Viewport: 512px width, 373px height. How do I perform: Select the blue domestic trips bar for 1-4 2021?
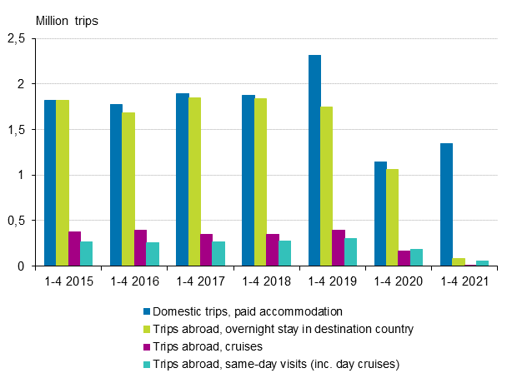click(x=446, y=205)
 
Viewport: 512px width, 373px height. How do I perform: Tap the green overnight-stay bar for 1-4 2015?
click(x=63, y=183)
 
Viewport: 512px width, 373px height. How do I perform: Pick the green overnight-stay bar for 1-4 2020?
click(x=393, y=217)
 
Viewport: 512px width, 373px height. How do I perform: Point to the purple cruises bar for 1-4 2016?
click(x=141, y=248)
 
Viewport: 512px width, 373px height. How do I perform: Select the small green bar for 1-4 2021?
click(x=459, y=262)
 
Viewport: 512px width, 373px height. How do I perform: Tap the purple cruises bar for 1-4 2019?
click(x=339, y=248)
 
